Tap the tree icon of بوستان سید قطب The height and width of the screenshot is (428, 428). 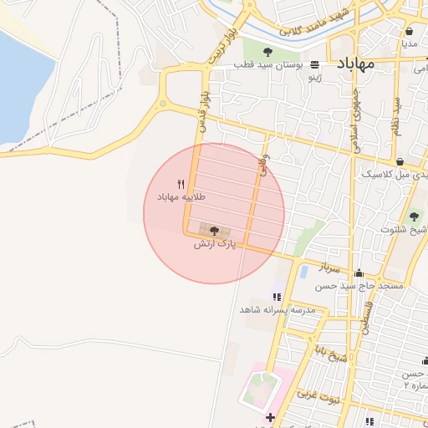(x=267, y=53)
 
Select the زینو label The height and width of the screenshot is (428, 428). (x=314, y=78)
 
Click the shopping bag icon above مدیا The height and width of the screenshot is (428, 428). (x=408, y=31)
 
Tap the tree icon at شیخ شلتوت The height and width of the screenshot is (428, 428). (x=414, y=217)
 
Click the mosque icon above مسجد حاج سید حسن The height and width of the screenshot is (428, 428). (x=359, y=273)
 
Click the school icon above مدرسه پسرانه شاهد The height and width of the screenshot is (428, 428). (x=277, y=297)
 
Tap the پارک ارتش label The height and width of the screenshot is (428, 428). (x=215, y=244)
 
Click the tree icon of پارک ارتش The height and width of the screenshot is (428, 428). (x=214, y=232)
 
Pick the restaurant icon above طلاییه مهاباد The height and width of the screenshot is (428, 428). (x=181, y=184)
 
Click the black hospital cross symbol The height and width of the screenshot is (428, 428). (x=269, y=417)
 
